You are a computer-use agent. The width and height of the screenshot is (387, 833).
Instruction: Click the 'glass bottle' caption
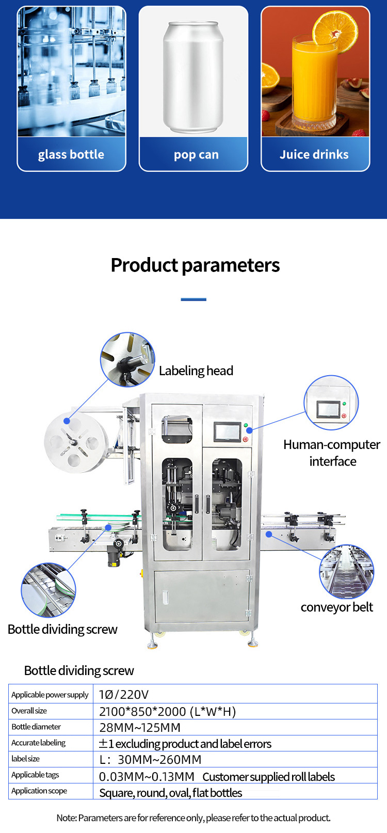(71, 154)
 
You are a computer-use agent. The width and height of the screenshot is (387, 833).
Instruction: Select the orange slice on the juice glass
(334, 29)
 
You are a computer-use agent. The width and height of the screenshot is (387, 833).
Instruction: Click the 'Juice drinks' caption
(314, 154)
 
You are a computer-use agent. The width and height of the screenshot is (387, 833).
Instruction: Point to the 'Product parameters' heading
(195, 265)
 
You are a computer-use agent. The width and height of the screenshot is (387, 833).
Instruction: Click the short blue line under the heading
(193, 299)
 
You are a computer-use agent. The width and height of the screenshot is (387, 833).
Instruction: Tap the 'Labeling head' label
(196, 371)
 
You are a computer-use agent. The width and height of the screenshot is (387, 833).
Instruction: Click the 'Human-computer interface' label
(332, 453)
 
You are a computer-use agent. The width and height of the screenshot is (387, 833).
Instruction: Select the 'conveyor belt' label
(336, 607)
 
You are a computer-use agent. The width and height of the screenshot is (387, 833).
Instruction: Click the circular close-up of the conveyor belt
(346, 572)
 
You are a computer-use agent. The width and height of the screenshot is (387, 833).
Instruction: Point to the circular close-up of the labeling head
(127, 360)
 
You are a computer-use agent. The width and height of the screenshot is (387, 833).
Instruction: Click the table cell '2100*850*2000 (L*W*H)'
(167, 712)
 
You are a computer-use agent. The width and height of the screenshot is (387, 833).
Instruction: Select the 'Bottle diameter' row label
(36, 727)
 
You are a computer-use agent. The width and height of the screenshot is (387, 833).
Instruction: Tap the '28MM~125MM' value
(140, 728)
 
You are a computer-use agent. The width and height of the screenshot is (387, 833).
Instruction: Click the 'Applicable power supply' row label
(50, 695)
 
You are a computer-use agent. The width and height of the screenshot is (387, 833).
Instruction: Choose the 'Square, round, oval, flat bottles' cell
(170, 793)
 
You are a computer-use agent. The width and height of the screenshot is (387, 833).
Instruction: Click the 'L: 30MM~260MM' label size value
(150, 760)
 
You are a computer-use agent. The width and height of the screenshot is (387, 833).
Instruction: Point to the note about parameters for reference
(193, 818)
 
